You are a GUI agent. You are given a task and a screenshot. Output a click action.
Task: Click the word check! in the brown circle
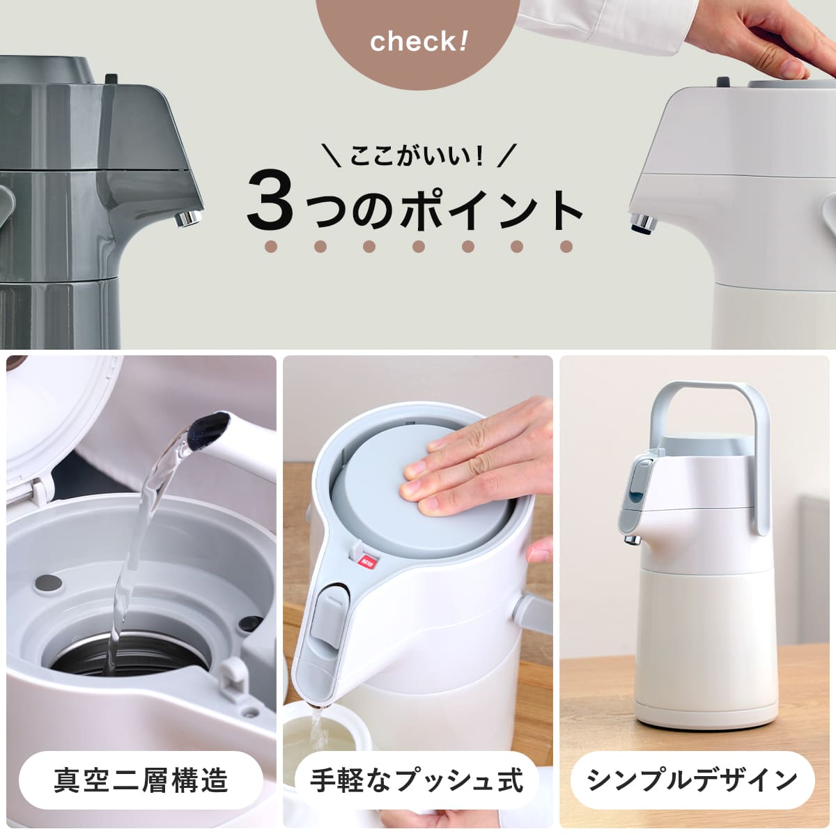point(419,42)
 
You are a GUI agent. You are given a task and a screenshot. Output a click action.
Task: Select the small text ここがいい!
point(417,155)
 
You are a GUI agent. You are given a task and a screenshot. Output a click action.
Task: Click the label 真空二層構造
point(141,780)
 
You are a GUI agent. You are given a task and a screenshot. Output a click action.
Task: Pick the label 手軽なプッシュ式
point(417,780)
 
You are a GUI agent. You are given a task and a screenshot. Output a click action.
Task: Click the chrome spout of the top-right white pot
point(644,223)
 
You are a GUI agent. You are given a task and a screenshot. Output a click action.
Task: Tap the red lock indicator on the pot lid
point(366,561)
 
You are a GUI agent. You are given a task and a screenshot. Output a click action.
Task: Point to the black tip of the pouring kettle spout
point(213,426)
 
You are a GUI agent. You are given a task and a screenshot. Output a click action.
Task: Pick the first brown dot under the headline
point(271,247)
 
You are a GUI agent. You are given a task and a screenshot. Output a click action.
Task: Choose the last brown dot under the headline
point(566,247)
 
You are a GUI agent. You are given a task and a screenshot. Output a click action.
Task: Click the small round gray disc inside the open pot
point(48,584)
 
